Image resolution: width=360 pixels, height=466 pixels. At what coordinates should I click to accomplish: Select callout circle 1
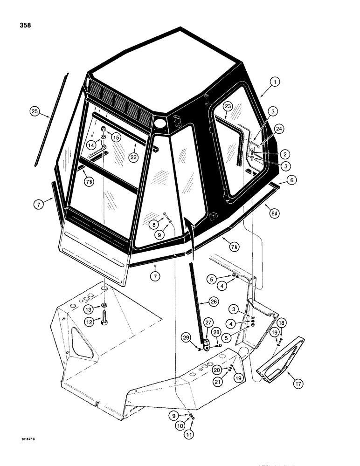coord(276,82)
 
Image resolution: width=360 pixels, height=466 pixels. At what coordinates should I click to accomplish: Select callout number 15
coord(115,137)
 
